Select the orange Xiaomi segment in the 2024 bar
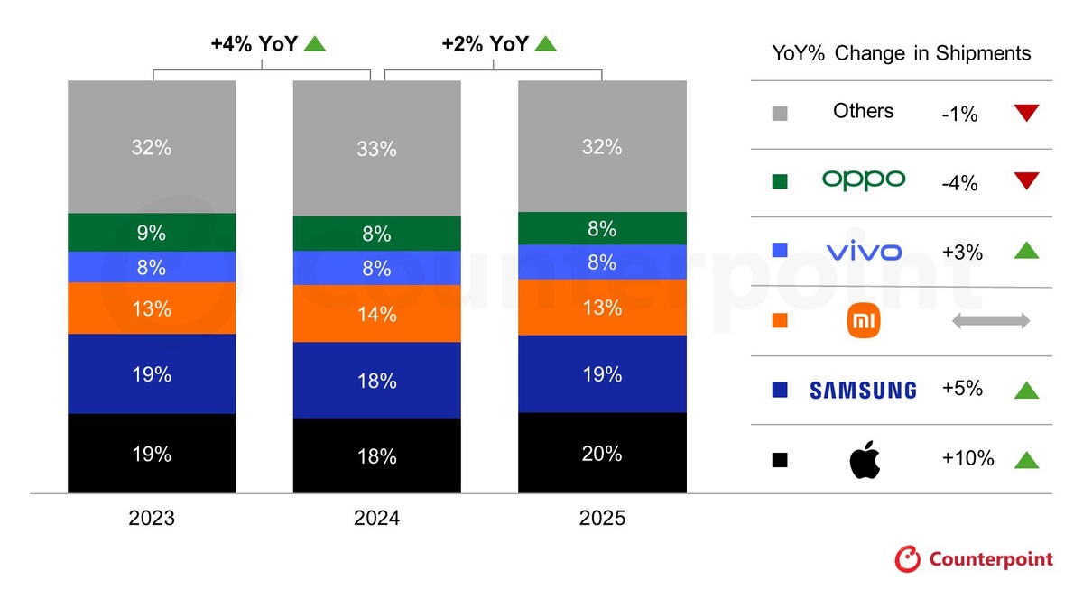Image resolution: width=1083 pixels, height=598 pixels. [376, 314]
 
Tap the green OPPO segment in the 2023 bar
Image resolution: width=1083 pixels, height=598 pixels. [152, 233]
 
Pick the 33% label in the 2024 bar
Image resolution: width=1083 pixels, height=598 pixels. [376, 149]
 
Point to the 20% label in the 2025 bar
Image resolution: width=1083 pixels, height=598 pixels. [601, 454]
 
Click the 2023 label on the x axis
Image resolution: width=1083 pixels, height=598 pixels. [152, 519]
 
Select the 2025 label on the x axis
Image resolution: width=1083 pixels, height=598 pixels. [602, 519]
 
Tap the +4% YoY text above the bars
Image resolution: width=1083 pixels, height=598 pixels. [255, 42]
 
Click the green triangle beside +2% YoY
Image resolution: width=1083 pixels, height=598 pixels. [545, 42]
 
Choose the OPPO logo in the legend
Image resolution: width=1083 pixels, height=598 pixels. [863, 179]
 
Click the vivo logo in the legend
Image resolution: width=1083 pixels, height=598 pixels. [863, 252]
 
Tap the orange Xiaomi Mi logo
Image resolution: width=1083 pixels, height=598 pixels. [864, 322]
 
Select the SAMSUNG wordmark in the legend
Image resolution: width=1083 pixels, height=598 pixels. [863, 390]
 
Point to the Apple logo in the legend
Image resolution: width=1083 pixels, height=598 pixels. [864, 460]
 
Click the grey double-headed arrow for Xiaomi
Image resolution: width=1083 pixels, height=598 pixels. [990, 321]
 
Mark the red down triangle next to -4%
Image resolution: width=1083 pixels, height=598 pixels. [1026, 181]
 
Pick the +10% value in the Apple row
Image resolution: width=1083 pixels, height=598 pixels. [967, 458]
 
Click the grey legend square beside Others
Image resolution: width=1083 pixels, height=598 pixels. [781, 114]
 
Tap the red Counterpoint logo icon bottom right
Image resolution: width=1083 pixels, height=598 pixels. [908, 559]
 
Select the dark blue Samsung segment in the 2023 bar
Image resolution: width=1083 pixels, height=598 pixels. [152, 373]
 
